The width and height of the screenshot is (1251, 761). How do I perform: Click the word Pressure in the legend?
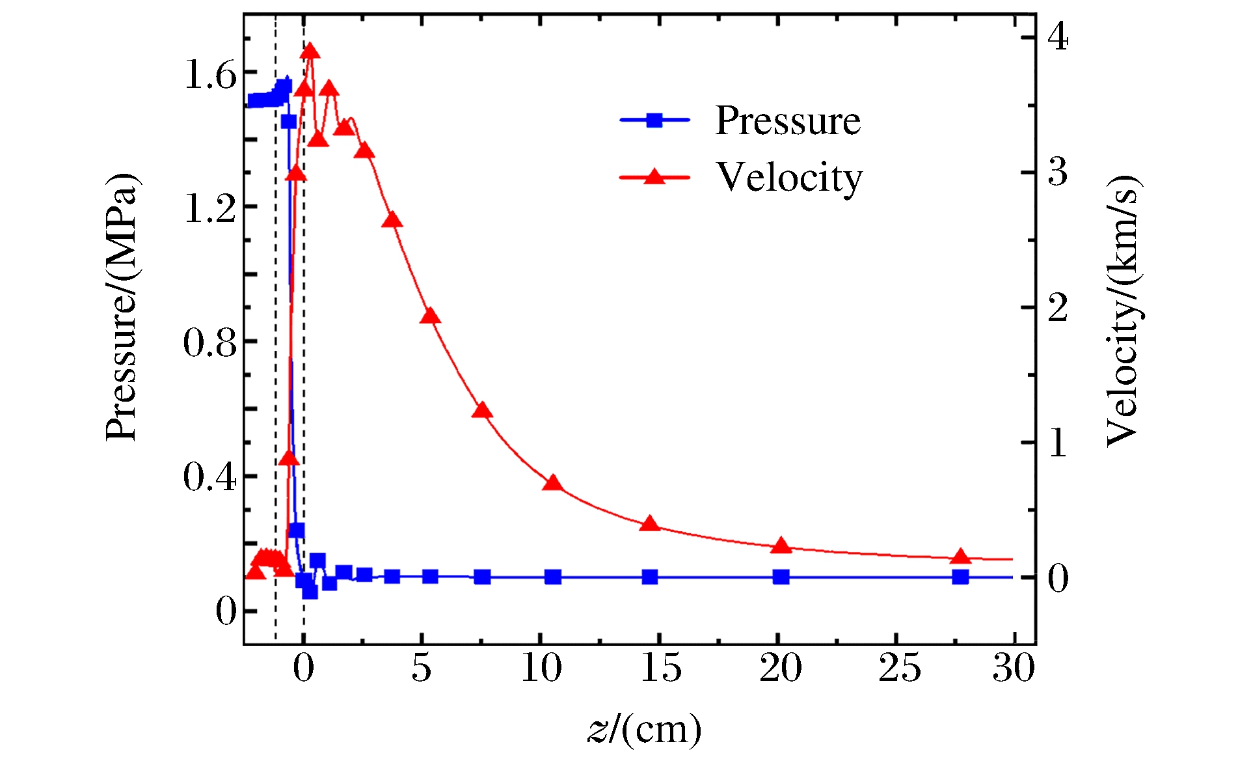pos(788,120)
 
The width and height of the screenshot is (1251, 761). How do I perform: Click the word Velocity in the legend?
pos(789,178)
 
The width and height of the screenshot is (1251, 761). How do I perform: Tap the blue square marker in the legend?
pos(654,120)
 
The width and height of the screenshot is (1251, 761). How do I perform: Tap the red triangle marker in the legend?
pos(654,176)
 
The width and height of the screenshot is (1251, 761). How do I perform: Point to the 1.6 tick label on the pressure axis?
pos(209,76)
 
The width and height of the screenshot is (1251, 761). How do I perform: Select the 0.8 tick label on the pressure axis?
pos(209,342)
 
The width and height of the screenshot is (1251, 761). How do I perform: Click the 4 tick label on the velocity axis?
pos(1058,37)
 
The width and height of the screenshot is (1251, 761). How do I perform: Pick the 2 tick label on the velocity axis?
pos(1058,307)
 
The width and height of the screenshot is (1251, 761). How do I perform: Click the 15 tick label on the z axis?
pos(660,669)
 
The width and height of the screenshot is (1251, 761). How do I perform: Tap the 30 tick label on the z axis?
pos(1014,669)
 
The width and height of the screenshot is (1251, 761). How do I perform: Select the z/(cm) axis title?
pos(645,729)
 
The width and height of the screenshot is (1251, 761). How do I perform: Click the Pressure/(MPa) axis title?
pos(122,307)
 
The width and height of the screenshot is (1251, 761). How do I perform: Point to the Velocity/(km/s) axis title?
pos(1123,311)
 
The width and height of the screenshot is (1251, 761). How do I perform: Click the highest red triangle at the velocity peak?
pos(310,51)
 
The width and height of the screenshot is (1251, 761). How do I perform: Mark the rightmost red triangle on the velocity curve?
pos(960,557)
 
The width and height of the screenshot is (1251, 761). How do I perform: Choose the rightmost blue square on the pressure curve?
pos(960,577)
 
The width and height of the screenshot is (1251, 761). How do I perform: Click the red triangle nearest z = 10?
pos(553,483)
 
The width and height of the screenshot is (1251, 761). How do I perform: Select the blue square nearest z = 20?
pos(781,577)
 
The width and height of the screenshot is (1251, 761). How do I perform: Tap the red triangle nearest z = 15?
pos(650,524)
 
